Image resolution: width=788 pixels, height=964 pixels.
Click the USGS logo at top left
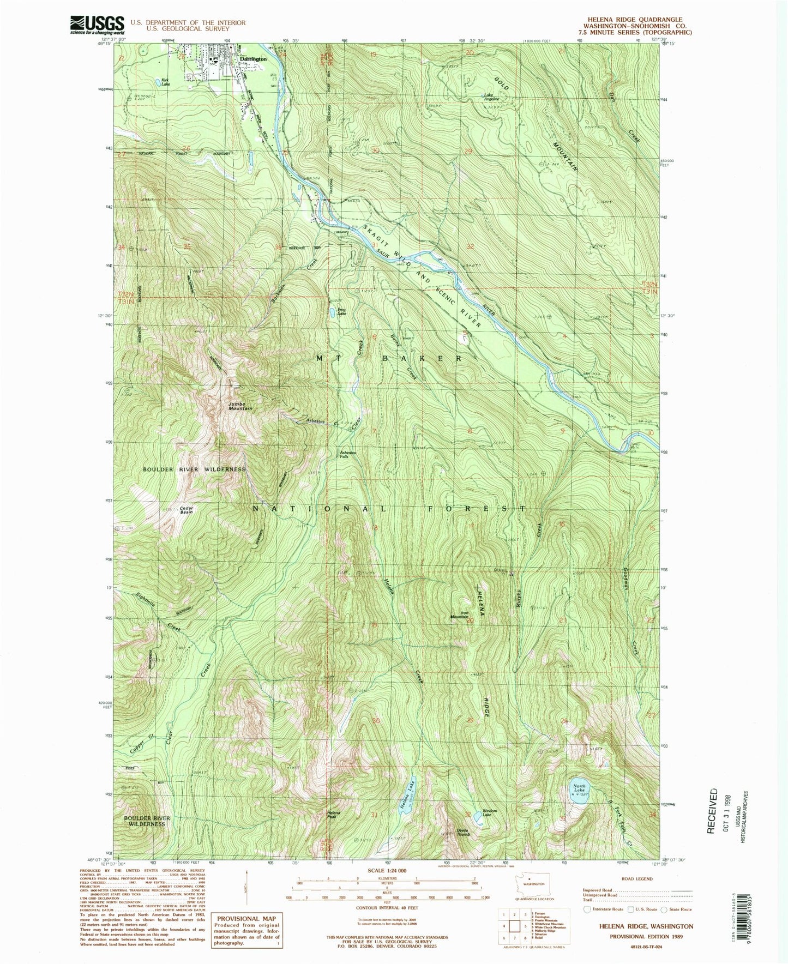coord(97,25)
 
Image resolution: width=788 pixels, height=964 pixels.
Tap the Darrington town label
coord(253,58)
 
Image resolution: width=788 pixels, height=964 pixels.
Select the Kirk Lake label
coord(165,82)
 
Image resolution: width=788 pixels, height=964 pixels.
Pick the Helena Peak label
coord(334,815)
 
